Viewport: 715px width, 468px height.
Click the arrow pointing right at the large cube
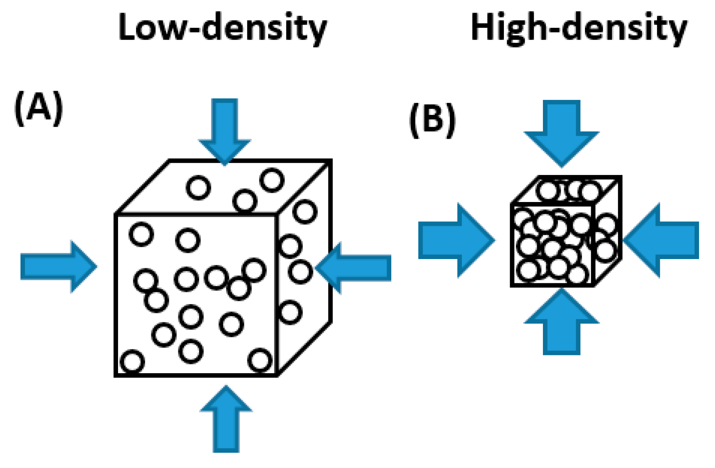tap(58, 266)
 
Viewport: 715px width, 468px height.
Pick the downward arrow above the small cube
tap(561, 131)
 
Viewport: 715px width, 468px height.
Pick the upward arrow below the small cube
tap(561, 324)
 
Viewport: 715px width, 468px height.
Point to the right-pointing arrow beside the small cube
tap(455, 240)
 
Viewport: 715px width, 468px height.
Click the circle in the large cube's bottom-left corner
tap(132, 362)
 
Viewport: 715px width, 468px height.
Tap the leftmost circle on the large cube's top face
tap(198, 188)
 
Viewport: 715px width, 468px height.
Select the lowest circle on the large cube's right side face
tap(290, 312)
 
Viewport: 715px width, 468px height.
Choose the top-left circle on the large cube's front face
tap(141, 234)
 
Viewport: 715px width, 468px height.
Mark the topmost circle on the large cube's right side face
tap(305, 212)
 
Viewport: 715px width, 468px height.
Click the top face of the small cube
tap(567, 190)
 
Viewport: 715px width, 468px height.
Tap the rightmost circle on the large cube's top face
tap(272, 180)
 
